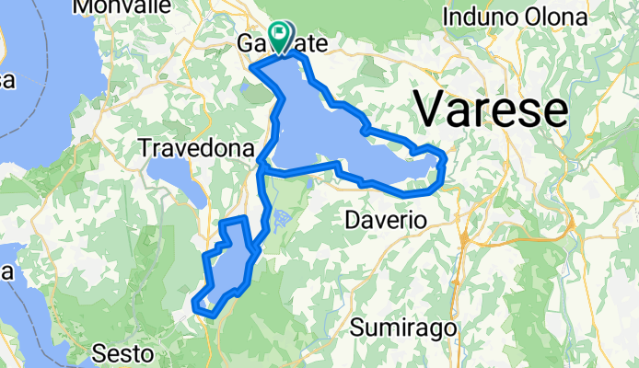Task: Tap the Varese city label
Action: [490, 110]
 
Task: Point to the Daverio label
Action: [384, 221]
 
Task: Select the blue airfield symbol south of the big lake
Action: [281, 218]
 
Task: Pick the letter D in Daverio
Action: [351, 221]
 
